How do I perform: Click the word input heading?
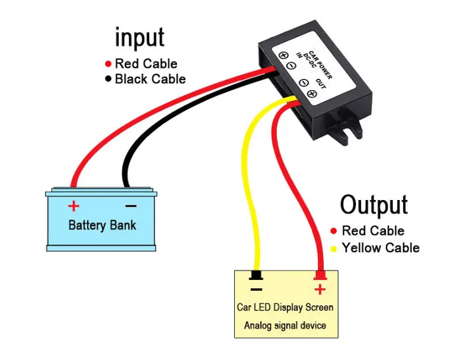[139, 37]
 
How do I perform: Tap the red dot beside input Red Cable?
[108, 63]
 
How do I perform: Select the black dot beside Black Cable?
[108, 79]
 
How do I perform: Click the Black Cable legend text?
[150, 79]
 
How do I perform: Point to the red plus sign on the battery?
[74, 206]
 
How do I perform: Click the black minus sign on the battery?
[130, 206]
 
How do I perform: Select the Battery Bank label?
[102, 225]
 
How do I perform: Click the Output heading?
[373, 205]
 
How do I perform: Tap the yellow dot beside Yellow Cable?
[334, 248]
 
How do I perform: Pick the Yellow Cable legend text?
[380, 248]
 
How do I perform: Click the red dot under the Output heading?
[334, 230]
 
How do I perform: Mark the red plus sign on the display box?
[320, 290]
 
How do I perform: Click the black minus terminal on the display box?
[256, 276]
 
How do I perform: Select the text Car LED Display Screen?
[285, 307]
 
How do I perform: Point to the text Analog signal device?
[285, 326]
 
